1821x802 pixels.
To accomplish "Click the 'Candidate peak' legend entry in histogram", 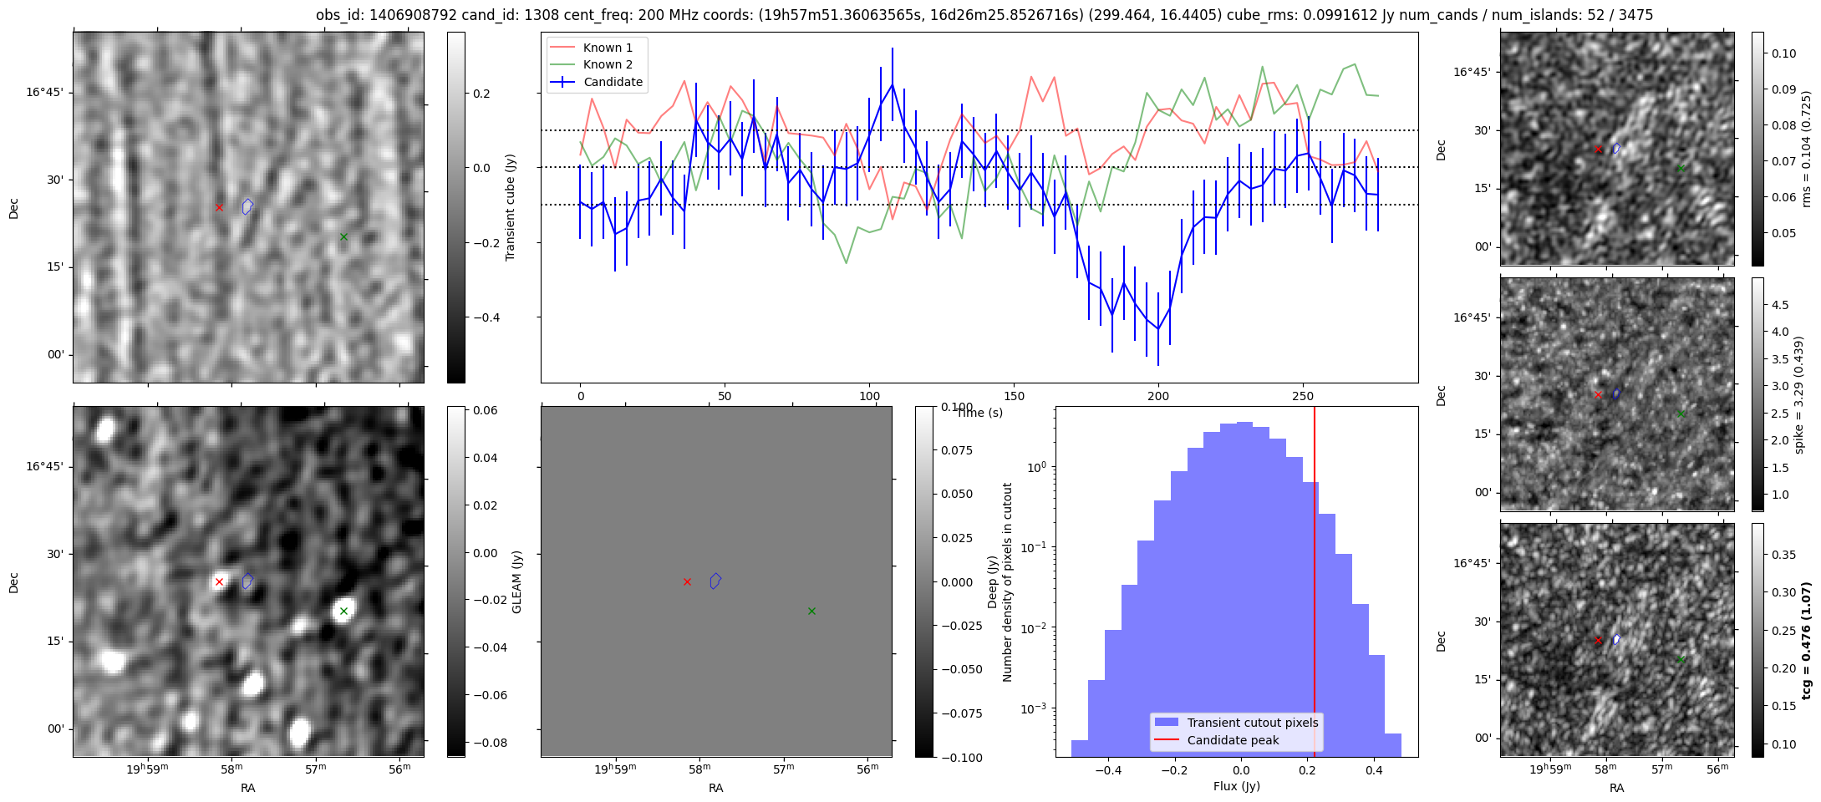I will pos(1233,740).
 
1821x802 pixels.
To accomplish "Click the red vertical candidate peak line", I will pos(1315,585).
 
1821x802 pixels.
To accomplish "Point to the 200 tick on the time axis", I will pos(1158,395).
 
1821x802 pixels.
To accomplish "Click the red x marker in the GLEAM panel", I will pos(219,581).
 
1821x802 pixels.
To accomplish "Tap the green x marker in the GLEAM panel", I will pos(343,611).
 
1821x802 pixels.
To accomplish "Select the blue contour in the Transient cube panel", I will pos(247,206).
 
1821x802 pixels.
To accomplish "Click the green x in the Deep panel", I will pos(811,611).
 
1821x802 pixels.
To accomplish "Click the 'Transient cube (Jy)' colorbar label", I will pos(511,207).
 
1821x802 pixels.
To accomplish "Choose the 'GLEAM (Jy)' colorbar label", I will pos(516,581).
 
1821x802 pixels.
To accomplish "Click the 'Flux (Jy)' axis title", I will pos(1236,786).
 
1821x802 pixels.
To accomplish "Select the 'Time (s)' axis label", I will pos(979,413).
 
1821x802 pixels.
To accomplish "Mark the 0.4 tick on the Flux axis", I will pos(1373,770).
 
